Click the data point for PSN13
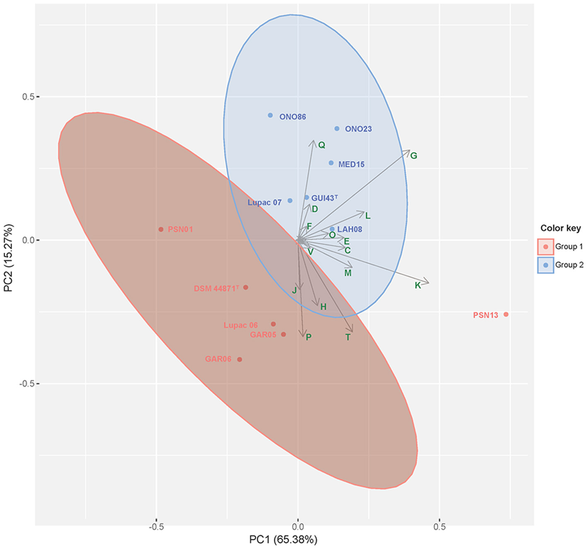pyautogui.click(x=506, y=314)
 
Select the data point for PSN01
pyautogui.click(x=161, y=229)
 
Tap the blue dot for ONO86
pyautogui.click(x=271, y=115)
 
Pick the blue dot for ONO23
pyautogui.click(x=337, y=129)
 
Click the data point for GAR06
pyautogui.click(x=239, y=360)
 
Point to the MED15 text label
pyautogui.click(x=351, y=165)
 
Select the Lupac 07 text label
pyautogui.click(x=264, y=202)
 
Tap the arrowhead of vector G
pyautogui.click(x=409, y=151)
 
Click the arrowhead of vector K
pyautogui.click(x=428, y=283)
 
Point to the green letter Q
pyautogui.click(x=321, y=145)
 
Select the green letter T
pyautogui.click(x=348, y=338)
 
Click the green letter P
pyautogui.click(x=309, y=337)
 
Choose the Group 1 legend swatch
pyautogui.click(x=546, y=247)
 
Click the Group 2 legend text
pyautogui.click(x=569, y=265)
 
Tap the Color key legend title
pyautogui.click(x=560, y=228)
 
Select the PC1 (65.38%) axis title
pyautogui.click(x=283, y=539)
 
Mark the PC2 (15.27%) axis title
pyautogui.click(x=8, y=258)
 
